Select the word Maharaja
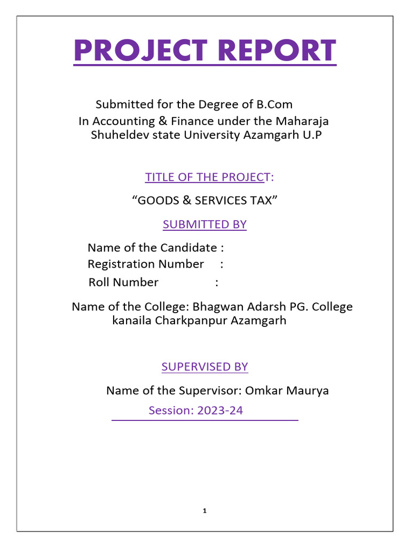tap(304, 121)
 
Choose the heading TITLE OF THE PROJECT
tap(205, 177)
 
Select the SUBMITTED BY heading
tap(204, 224)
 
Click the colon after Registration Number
tap(222, 264)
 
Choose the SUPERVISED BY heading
tap(204, 367)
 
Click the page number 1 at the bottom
tap(204, 511)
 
